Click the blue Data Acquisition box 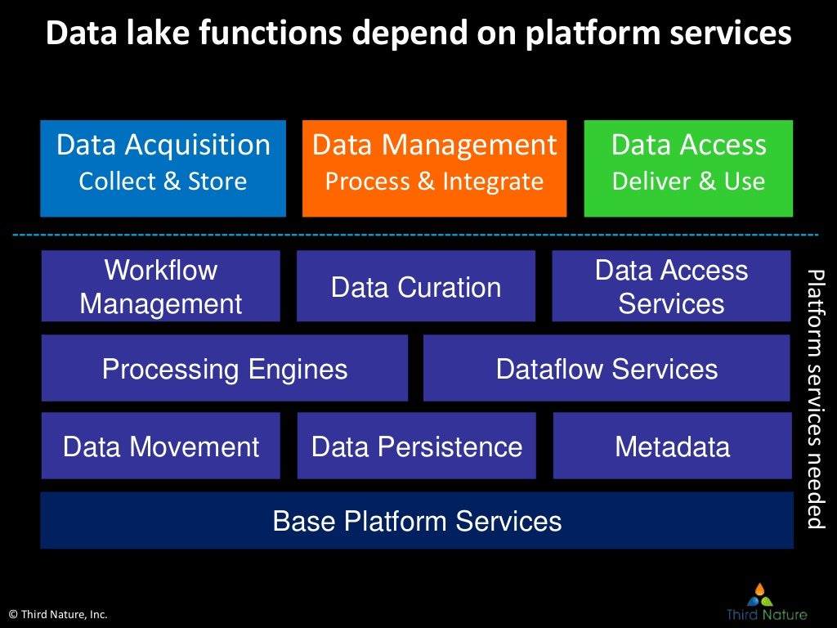click(x=163, y=168)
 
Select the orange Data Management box click(x=434, y=168)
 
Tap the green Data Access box click(x=688, y=168)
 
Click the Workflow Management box click(x=161, y=286)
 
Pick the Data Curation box click(x=415, y=286)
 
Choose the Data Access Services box click(x=671, y=286)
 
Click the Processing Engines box click(x=224, y=369)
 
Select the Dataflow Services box click(x=606, y=369)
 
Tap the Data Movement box click(x=161, y=446)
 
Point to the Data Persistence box click(x=416, y=446)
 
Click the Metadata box click(x=672, y=446)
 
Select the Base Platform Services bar click(x=417, y=521)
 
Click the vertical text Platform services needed click(x=816, y=398)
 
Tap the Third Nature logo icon click(x=760, y=594)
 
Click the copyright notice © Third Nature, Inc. click(x=58, y=614)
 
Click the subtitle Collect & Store click(x=163, y=181)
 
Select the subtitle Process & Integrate click(x=434, y=181)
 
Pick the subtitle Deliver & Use click(x=688, y=181)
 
